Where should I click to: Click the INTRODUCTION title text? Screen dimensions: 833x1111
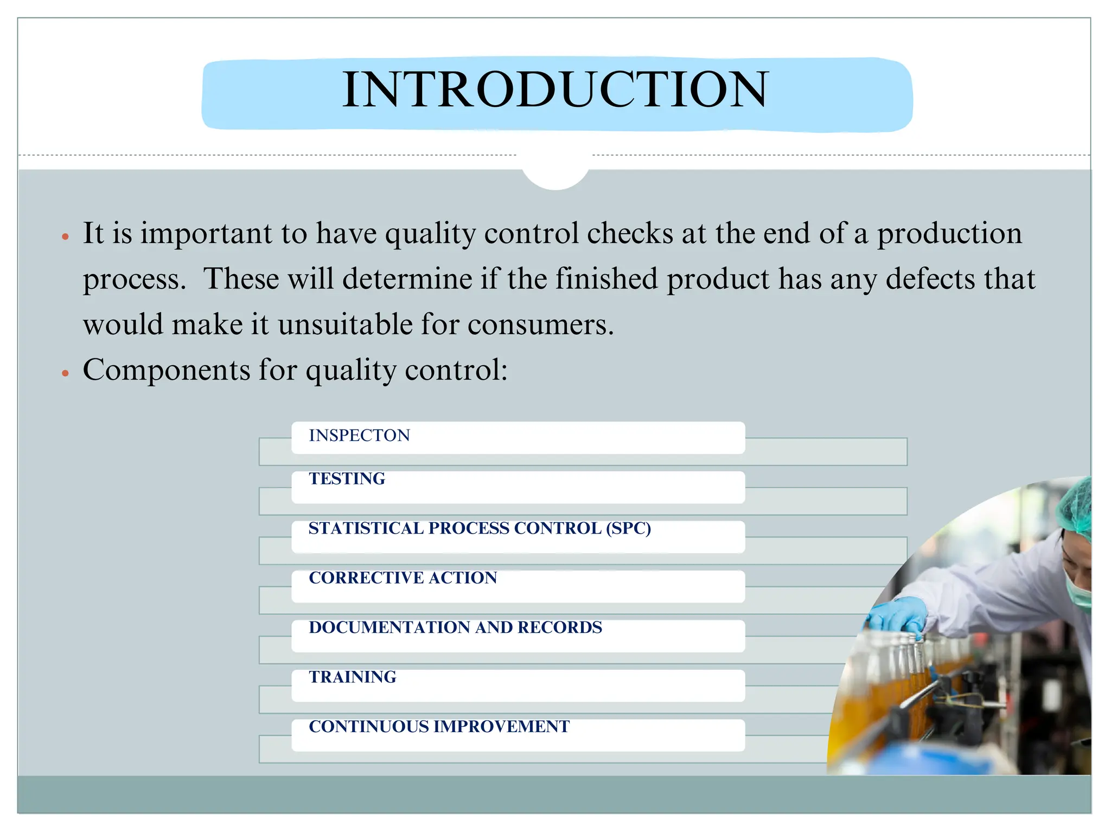[555, 89]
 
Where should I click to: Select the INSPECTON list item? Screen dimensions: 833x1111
[359, 435]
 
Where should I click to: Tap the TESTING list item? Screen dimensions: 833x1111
[347, 479]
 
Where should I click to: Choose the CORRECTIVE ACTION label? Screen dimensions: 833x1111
[403, 578]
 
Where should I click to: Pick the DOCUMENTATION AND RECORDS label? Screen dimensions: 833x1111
[455, 627]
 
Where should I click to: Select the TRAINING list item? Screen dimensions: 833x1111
[353, 677]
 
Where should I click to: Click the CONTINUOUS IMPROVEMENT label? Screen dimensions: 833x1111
[439, 727]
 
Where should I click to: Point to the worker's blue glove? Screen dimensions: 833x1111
[898, 616]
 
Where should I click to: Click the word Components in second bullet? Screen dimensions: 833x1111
[166, 370]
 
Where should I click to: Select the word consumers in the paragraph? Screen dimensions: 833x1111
[540, 325]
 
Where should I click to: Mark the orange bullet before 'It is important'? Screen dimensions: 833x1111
[65, 237]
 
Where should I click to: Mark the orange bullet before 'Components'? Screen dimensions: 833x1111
[65, 374]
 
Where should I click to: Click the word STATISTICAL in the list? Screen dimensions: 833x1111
[366, 528]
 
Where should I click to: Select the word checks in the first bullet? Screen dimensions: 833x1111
[630, 234]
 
